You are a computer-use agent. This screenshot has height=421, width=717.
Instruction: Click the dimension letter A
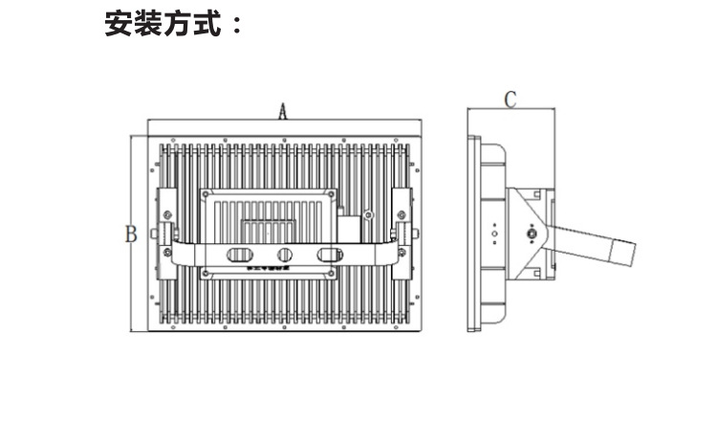283,111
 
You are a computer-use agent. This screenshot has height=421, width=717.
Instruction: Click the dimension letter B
131,234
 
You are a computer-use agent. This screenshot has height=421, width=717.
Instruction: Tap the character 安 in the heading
119,24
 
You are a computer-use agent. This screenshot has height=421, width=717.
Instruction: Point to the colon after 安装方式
234,26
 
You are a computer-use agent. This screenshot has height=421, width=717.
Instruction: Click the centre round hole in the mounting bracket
284,255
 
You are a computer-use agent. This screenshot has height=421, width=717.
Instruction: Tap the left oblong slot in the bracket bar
240,255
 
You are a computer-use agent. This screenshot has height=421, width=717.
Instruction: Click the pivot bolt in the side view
531,233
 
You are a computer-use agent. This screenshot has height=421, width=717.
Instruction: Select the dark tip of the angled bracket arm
622,254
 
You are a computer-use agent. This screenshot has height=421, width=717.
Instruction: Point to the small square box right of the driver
351,231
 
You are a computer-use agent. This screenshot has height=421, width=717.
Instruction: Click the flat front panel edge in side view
471,233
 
